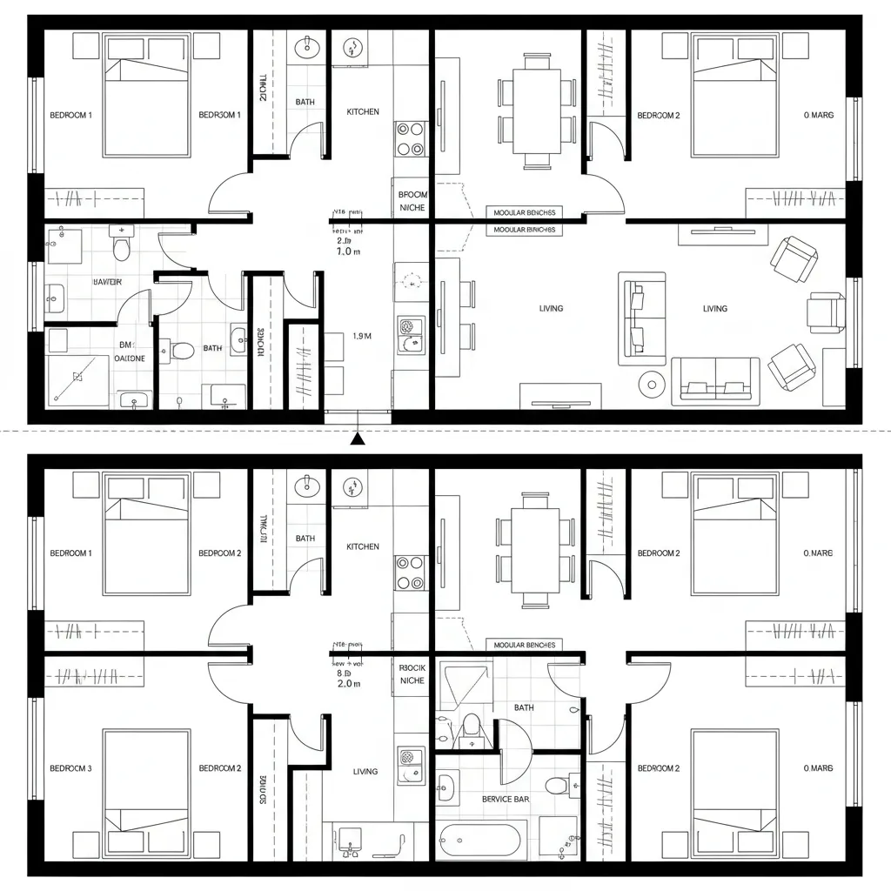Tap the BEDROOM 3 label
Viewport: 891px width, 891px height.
70,768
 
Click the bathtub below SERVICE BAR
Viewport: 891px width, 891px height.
479,841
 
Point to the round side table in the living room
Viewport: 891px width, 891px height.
650,383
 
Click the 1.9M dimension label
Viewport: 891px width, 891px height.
362,336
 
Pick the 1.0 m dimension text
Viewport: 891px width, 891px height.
348,251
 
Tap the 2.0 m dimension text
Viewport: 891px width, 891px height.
348,684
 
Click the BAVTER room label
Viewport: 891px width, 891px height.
107,282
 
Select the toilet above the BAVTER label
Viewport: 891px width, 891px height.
121,247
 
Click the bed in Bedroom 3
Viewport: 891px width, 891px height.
146,781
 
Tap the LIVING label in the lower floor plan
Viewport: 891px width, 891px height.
365,771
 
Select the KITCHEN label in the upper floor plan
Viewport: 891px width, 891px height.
363,112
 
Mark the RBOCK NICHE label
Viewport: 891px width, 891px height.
412,673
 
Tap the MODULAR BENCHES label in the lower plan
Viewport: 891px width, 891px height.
524,645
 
